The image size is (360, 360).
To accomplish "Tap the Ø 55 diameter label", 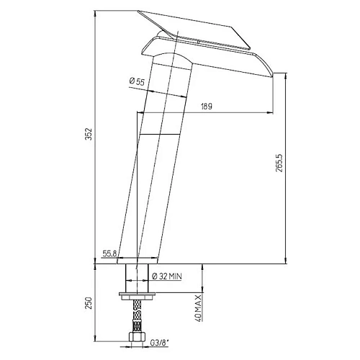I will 138,83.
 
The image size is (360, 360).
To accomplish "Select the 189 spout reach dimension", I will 206,106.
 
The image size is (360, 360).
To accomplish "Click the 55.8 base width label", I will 110,254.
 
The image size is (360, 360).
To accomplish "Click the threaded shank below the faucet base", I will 137,277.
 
